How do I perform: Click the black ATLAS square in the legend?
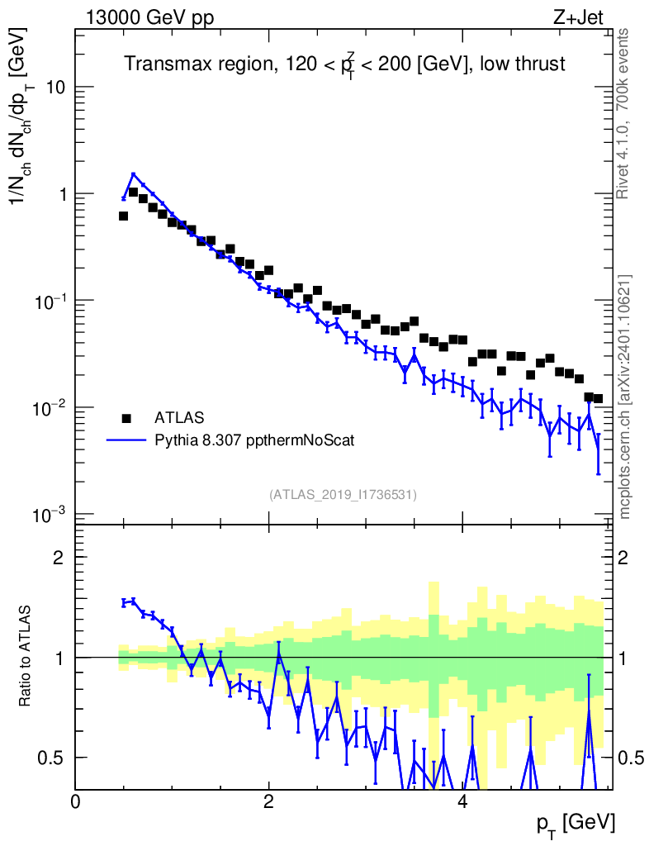click(126, 417)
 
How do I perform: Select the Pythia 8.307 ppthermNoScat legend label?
click(255, 440)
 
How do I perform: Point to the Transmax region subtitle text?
click(344, 64)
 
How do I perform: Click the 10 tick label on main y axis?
click(54, 88)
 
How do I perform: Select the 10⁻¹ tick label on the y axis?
click(48, 300)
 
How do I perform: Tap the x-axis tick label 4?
click(463, 802)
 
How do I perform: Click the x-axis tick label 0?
click(75, 802)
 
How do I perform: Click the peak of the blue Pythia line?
click(133, 174)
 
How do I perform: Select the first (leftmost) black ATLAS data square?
click(123, 216)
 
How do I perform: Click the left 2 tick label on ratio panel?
click(59, 557)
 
